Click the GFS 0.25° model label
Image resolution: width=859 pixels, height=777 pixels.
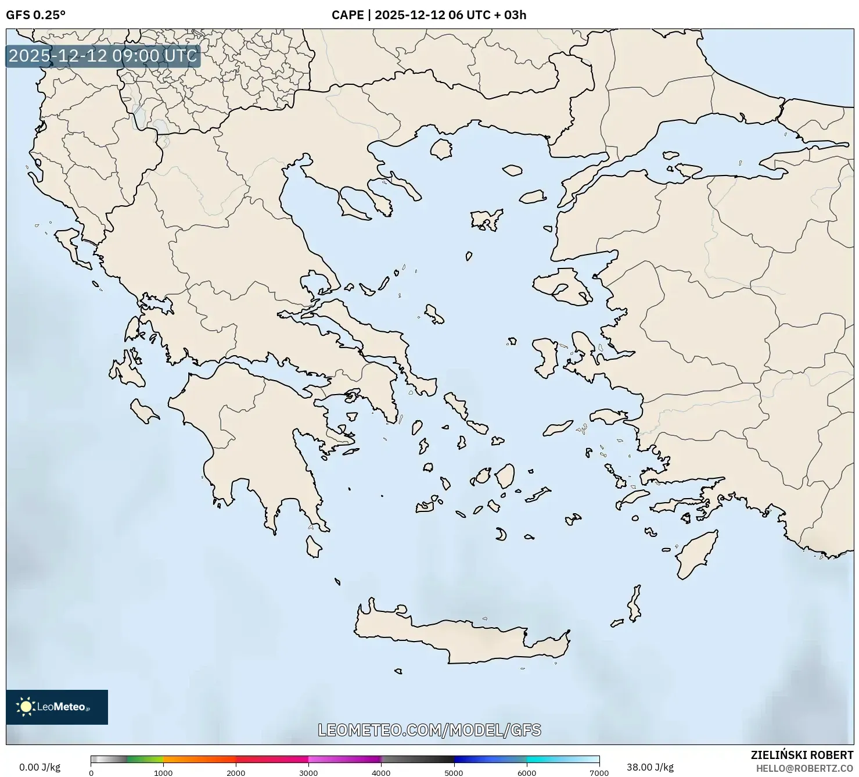[x=35, y=15]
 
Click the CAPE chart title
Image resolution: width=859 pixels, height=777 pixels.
[x=429, y=15]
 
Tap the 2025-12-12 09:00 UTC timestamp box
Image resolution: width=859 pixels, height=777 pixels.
[x=103, y=56]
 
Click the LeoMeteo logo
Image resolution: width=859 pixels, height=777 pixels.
[x=57, y=707]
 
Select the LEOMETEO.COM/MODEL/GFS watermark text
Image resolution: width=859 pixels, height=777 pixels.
[x=429, y=730]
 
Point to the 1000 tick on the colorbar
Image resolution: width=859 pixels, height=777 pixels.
[x=163, y=773]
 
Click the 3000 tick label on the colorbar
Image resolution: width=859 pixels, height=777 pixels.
[x=308, y=773]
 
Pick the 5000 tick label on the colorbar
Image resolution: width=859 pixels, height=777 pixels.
[x=454, y=773]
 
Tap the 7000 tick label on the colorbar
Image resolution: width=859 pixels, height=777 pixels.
[x=599, y=773]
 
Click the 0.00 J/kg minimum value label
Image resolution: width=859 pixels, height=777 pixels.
[x=39, y=767]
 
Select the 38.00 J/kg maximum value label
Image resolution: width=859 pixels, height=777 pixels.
[x=650, y=767]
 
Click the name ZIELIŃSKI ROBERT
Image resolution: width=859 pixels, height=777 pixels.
[x=802, y=755]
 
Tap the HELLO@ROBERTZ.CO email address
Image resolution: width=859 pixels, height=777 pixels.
[x=804, y=768]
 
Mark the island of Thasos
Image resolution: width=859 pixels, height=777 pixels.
[x=441, y=149]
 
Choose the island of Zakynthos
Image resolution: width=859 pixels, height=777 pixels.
[x=143, y=411]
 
